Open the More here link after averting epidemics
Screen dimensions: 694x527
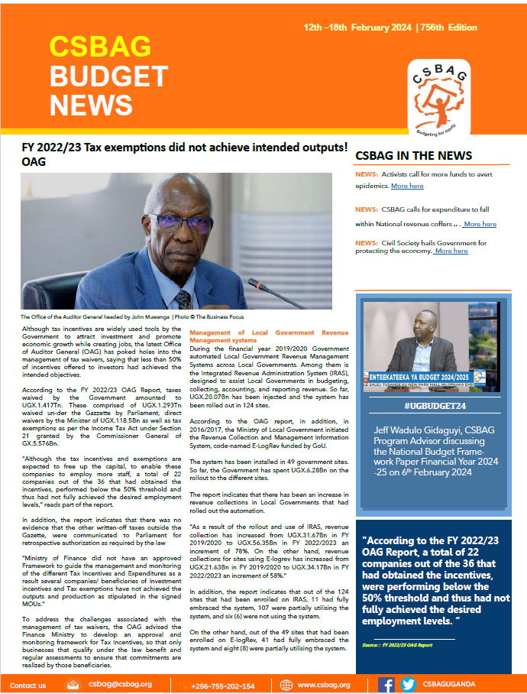(x=406, y=186)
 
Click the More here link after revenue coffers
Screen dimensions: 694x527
(x=480, y=224)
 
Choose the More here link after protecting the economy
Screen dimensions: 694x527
(x=451, y=251)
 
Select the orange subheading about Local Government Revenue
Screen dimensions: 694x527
(x=268, y=336)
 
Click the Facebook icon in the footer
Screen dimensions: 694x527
(x=386, y=685)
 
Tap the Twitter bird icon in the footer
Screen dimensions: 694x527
(x=409, y=685)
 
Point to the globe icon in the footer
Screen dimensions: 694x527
(x=286, y=685)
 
